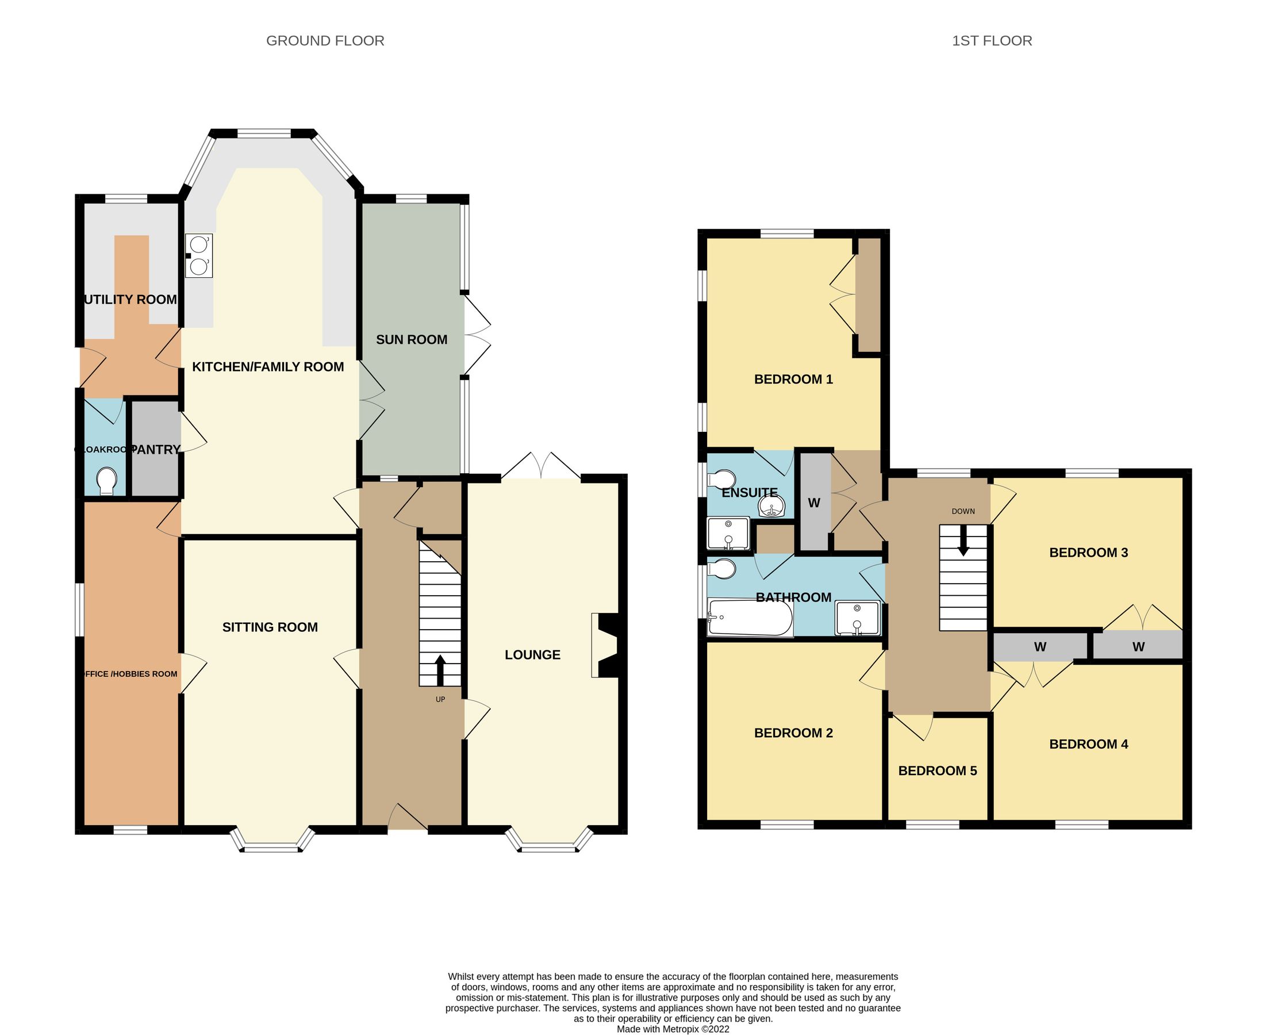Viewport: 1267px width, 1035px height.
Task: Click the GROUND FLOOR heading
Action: click(325, 41)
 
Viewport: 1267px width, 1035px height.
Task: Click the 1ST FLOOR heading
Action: click(992, 41)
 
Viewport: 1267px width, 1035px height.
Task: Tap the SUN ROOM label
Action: click(411, 339)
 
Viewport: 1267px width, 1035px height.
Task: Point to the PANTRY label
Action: click(155, 450)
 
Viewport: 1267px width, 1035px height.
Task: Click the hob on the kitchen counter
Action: click(198, 256)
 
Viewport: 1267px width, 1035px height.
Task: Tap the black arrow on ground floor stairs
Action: click(440, 670)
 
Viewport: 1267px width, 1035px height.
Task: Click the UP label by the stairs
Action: click(440, 699)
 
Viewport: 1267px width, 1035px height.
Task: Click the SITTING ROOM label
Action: click(270, 627)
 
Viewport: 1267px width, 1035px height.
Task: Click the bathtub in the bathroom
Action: click(750, 618)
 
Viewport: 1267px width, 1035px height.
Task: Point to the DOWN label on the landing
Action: click(963, 512)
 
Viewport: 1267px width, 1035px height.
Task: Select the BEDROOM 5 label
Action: click(938, 771)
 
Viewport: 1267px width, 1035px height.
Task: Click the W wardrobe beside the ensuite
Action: click(813, 503)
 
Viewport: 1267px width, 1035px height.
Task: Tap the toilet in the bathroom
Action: click(721, 569)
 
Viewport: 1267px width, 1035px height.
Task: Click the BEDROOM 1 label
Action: click(793, 379)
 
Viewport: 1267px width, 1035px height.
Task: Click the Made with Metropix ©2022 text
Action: click(673, 1029)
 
